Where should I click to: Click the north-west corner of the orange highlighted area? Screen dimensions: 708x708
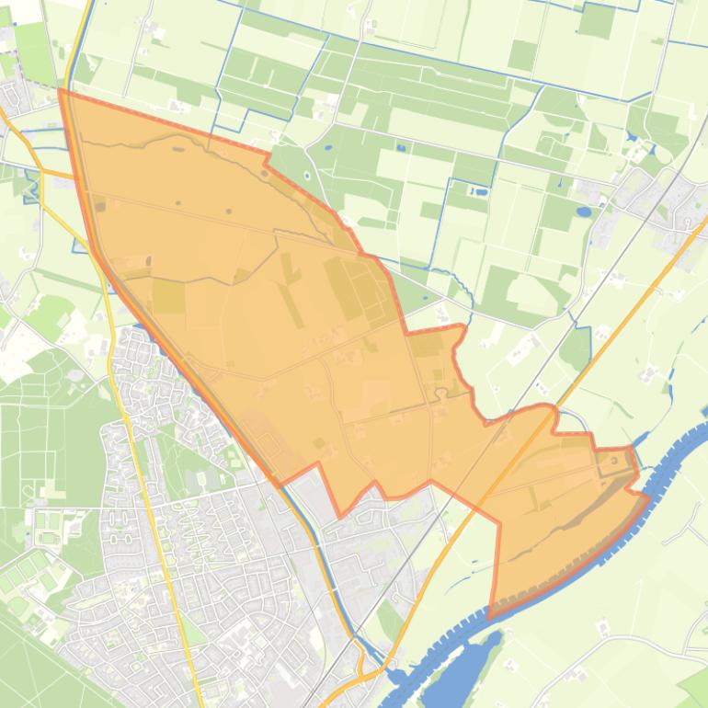pos(61,90)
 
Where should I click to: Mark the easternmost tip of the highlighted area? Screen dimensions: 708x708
pos(649,497)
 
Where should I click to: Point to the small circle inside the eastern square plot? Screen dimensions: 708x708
pos(612,461)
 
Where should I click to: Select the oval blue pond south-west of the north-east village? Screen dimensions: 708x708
pos(584,211)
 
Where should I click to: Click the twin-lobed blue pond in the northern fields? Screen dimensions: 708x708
pos(479,192)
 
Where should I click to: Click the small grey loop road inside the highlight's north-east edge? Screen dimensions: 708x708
pos(441,393)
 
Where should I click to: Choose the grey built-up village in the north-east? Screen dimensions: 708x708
pos(657,193)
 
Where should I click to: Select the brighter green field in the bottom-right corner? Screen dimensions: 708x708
pos(694,685)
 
